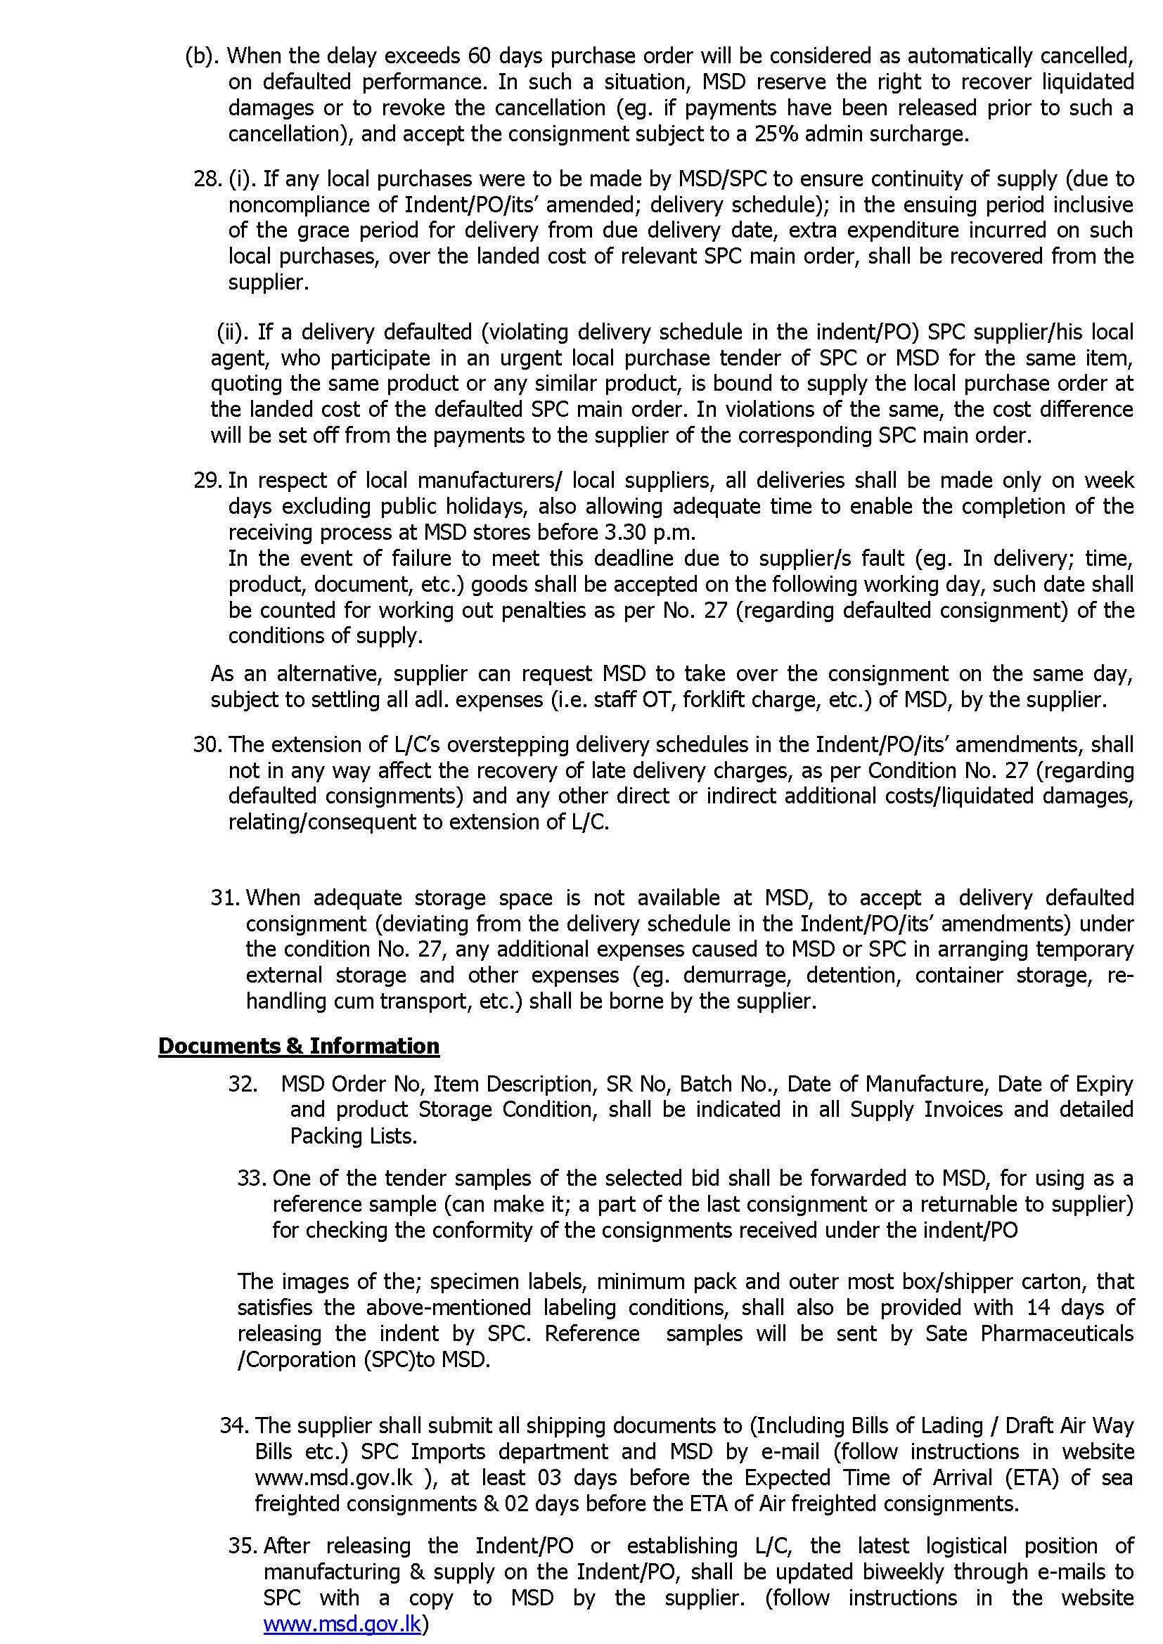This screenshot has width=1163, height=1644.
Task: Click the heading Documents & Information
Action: point(299,1046)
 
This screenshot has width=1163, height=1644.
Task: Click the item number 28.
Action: point(205,179)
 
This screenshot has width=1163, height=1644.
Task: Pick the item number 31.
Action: point(224,898)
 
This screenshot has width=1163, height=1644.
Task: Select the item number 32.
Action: point(242,1084)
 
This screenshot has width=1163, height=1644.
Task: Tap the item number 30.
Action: point(206,744)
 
